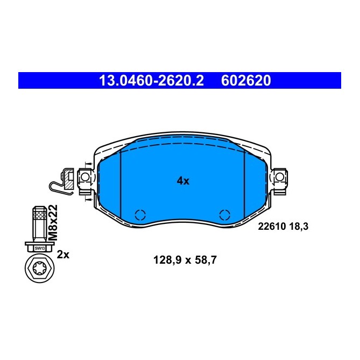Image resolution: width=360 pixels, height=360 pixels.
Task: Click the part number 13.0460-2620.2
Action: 151,81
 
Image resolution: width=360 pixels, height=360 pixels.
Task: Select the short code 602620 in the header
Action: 246,81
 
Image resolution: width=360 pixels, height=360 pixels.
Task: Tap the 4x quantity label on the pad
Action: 183,181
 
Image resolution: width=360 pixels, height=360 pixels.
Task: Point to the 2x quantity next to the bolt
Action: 63,255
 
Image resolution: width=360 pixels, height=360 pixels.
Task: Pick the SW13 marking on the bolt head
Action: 39,248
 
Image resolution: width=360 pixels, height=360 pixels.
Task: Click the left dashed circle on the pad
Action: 140,215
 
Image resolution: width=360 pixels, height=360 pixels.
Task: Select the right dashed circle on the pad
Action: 225,215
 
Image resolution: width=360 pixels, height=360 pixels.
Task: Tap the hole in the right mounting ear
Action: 279,177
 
